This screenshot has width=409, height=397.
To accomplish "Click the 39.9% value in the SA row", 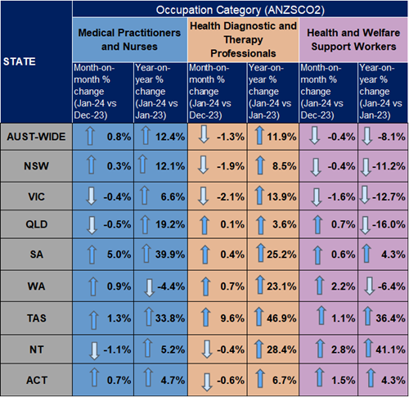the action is (x=170, y=255).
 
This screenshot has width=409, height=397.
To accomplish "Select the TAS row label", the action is (x=36, y=318).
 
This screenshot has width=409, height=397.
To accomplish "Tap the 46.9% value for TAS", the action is (x=281, y=318).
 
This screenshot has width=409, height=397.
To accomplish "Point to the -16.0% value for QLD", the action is (x=389, y=224).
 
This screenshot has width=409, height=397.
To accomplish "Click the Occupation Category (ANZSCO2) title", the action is (x=240, y=10).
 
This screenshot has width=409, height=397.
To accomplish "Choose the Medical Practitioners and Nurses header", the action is (x=129, y=39).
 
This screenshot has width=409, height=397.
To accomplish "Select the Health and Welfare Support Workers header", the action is (x=353, y=39).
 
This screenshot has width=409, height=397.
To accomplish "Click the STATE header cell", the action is (x=20, y=61).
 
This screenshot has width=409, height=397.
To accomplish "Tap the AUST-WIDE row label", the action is (x=36, y=137).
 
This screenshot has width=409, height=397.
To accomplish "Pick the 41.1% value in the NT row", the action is (x=390, y=350).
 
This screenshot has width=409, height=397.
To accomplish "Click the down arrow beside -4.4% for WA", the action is (x=149, y=287).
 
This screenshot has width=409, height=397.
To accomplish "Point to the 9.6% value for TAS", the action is (x=232, y=318).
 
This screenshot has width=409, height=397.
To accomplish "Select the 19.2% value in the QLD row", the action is (x=170, y=224).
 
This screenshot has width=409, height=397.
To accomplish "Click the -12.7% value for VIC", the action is (x=389, y=196).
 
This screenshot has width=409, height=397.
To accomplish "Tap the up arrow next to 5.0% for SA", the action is (x=92, y=255).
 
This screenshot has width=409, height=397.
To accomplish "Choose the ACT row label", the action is (x=37, y=380).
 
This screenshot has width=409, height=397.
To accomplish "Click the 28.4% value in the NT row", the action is (x=281, y=350).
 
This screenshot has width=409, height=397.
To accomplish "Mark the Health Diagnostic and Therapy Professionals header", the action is (x=243, y=39).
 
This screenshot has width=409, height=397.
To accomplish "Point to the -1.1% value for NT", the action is (x=117, y=350).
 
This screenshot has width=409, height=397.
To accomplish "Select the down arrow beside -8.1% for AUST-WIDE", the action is (x=367, y=136).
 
